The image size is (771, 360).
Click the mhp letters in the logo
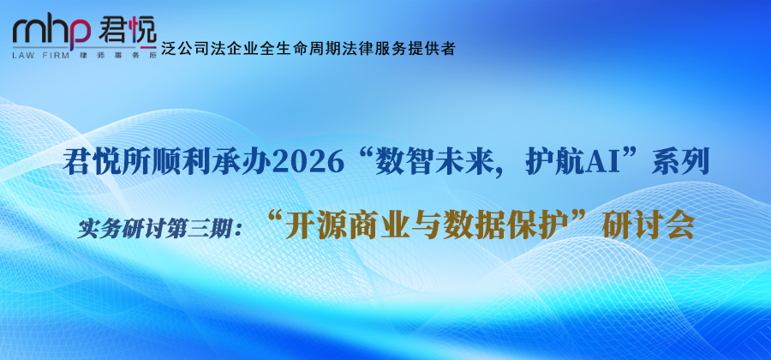coord(51,33)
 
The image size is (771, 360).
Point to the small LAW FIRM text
coord(44,54)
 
